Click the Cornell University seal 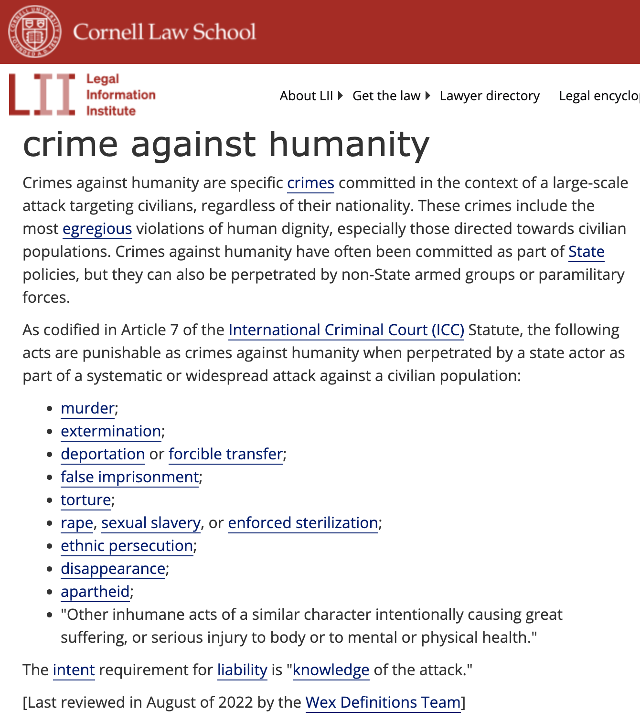35,32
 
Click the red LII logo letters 42,95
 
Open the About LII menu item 306,96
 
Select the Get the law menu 386,96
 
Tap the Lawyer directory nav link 490,96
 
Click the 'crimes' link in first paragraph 310,183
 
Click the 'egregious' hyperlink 97,229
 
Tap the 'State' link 586,252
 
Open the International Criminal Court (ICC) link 346,330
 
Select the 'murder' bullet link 87,409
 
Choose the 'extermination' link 111,432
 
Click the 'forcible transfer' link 225,455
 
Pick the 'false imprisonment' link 129,478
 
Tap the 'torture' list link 86,500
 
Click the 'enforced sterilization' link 303,523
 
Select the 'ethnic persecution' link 127,546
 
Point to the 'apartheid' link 95,592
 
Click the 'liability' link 242,670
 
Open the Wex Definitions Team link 383,703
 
